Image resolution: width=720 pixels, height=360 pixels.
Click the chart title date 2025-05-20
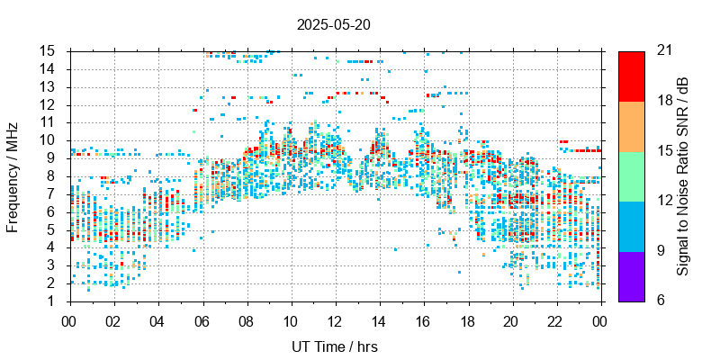[333, 24]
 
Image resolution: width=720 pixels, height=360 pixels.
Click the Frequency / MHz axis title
[13, 175]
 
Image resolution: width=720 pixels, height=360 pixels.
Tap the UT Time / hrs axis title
[335, 346]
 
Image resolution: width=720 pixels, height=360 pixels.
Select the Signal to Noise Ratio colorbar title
[683, 175]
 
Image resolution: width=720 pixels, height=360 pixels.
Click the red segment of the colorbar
[632, 76]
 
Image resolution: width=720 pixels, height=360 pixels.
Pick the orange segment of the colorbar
[632, 125]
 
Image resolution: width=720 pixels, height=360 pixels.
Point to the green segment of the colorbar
[632, 175]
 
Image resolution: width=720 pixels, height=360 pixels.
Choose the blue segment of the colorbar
[632, 225]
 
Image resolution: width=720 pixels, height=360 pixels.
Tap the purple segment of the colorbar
[632, 275]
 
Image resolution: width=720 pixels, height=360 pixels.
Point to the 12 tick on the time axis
[335, 320]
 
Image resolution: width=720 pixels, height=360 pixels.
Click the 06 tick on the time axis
[202, 320]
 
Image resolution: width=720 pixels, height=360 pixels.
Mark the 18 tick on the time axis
[468, 320]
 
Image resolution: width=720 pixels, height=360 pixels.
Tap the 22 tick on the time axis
[557, 320]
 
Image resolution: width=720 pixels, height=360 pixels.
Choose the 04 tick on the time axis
[157, 320]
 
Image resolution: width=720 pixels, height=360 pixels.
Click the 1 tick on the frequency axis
[55, 301]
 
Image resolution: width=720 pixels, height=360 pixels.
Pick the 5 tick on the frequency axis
[55, 229]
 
